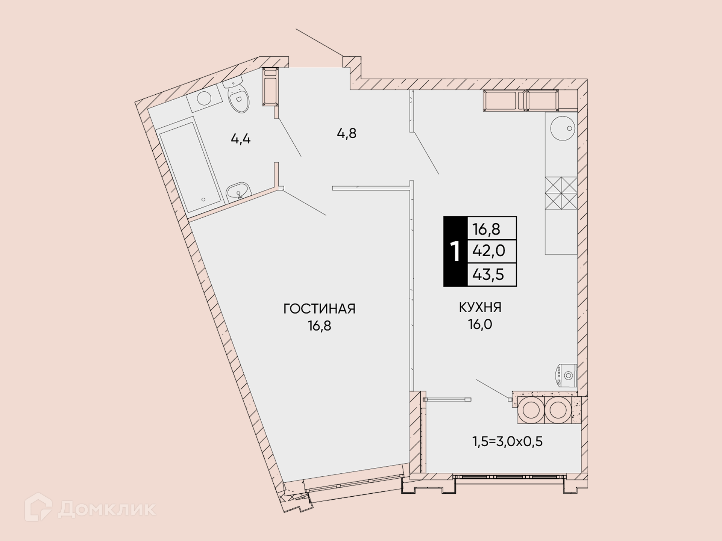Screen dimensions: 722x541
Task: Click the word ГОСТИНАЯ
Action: point(319,309)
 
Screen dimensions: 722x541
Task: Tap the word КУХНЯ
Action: point(480,308)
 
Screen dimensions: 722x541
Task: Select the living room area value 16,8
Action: point(319,326)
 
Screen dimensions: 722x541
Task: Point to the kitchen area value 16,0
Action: point(480,324)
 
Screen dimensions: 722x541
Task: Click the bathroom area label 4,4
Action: point(241,139)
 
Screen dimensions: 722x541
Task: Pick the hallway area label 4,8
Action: point(346,133)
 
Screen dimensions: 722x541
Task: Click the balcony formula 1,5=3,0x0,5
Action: point(507,442)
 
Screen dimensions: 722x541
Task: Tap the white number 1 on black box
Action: point(455,252)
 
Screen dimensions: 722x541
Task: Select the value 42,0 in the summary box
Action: point(488,251)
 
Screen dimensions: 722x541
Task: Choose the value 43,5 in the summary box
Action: point(488,275)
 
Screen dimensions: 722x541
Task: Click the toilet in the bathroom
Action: point(238,96)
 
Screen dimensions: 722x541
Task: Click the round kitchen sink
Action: point(563,128)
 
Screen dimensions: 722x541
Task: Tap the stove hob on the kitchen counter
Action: point(561,193)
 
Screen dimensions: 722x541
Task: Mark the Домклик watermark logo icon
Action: point(38,507)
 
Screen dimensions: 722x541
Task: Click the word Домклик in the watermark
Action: point(107,509)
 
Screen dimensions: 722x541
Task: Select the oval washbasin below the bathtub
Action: point(238,192)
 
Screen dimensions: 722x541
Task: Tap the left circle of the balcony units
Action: point(531,410)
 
